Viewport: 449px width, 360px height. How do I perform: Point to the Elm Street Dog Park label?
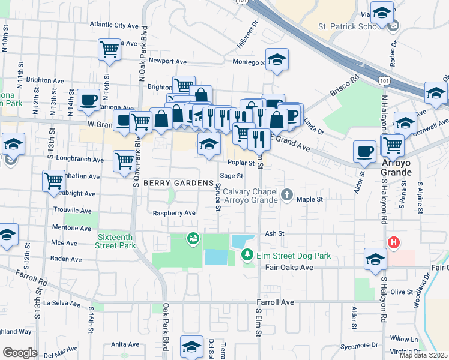(294, 256)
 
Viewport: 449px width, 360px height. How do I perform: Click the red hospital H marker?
(393, 242)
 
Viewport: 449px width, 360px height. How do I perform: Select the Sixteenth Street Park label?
(116, 241)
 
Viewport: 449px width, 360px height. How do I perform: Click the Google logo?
(20, 352)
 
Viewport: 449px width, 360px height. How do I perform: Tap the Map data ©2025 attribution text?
(423, 355)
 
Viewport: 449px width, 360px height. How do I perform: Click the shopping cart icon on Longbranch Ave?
(124, 160)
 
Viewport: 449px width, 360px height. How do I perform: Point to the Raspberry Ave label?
(174, 213)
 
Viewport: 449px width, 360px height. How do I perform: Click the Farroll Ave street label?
(276, 302)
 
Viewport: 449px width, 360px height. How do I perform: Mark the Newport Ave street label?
(168, 61)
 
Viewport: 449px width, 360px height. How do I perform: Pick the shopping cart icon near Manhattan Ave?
(54, 179)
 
